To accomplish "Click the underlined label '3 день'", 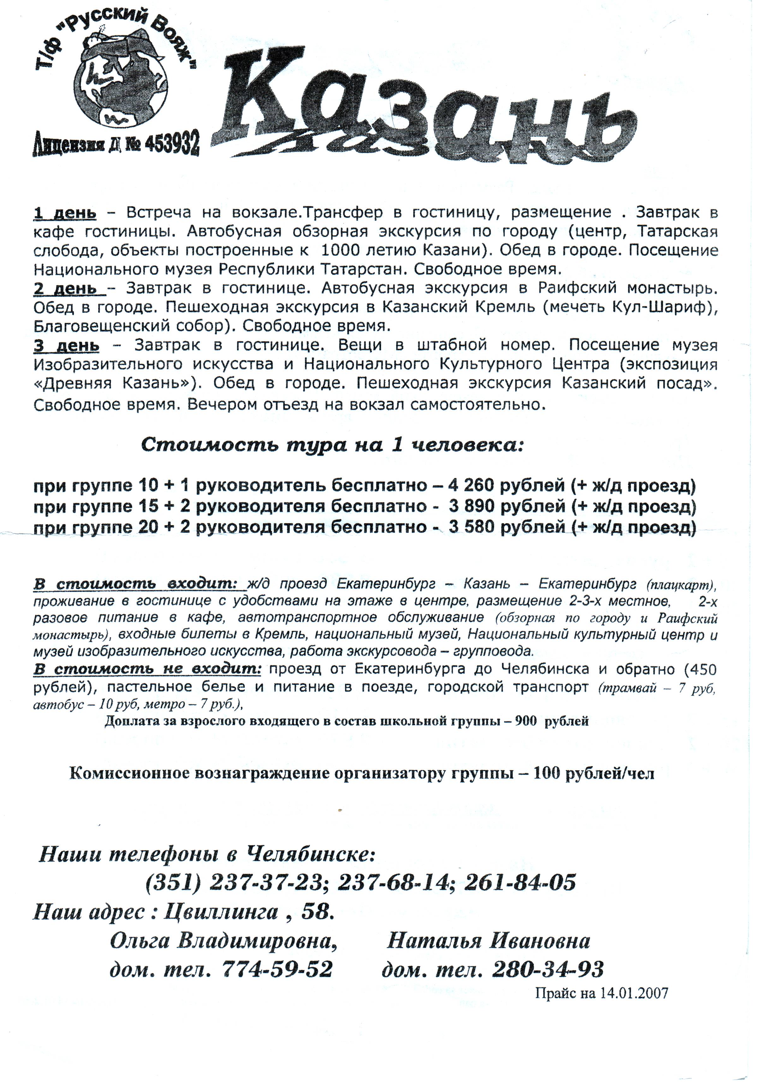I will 66,346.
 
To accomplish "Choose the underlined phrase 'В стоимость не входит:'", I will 147,670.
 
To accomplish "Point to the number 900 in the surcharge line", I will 525,721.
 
